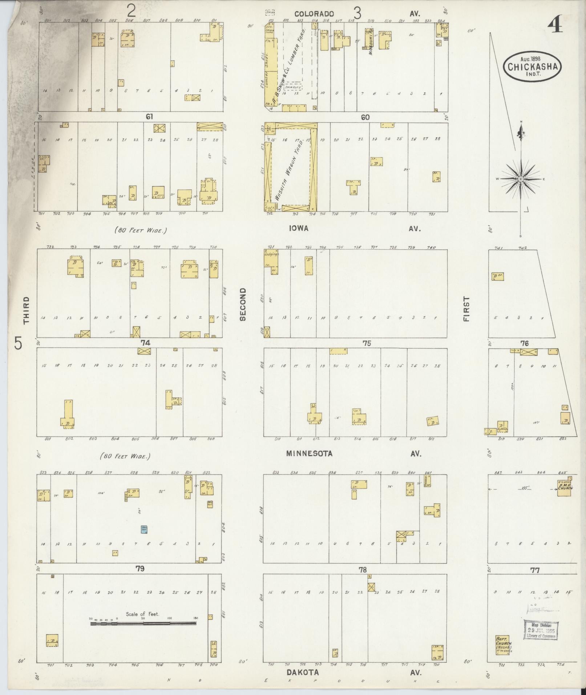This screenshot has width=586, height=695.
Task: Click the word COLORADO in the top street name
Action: (314, 14)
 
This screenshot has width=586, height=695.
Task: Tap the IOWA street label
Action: (299, 229)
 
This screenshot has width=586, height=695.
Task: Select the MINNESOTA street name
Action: (309, 453)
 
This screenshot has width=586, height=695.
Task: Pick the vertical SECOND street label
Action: (243, 304)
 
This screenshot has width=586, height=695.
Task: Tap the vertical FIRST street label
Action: (466, 309)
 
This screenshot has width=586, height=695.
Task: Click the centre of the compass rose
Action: (521, 179)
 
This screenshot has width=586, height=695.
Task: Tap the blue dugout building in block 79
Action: (144, 529)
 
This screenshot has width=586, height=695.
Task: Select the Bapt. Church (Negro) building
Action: (503, 645)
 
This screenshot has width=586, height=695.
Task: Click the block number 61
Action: (149, 117)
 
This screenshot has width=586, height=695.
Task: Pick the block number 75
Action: (367, 343)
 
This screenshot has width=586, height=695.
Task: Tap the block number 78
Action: (363, 570)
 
